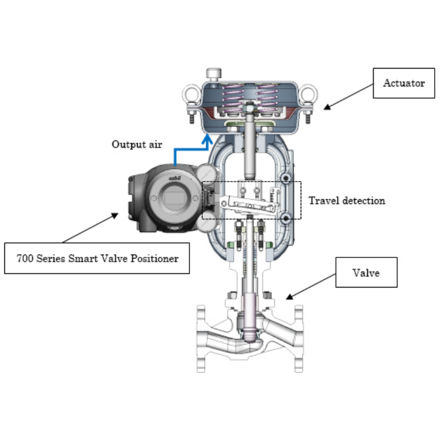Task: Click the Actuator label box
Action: tap(403, 83)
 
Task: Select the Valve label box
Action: tap(366, 273)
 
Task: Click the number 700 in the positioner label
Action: tap(25, 258)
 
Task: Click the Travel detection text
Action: tap(346, 201)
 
